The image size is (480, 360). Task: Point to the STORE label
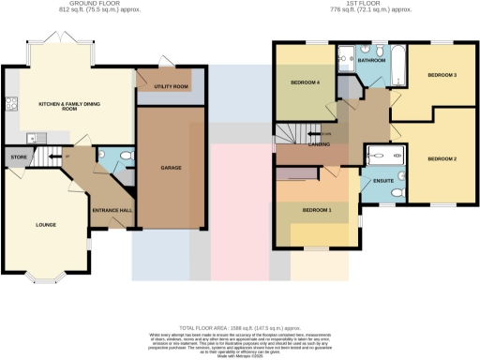pos(16,157)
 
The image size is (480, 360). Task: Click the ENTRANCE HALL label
pos(112,210)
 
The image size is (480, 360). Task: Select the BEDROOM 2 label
pos(442,159)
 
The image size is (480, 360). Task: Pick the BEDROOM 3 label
pos(442,75)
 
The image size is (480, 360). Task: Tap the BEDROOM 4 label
pos(305,82)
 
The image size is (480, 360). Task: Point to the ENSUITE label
pos(382,180)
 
